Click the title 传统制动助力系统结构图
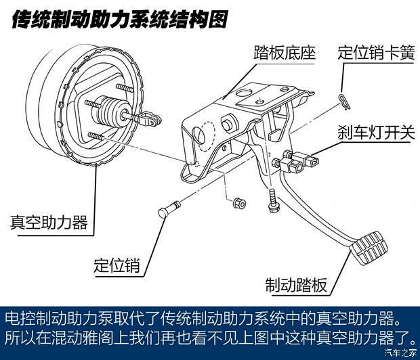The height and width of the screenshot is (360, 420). tap(119, 20)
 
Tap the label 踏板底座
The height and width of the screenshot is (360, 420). tap(285, 53)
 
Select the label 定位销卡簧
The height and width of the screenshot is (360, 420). tap(375, 53)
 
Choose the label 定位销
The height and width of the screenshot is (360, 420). tap(117, 264)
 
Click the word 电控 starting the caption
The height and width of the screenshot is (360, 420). tap(19, 317)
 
